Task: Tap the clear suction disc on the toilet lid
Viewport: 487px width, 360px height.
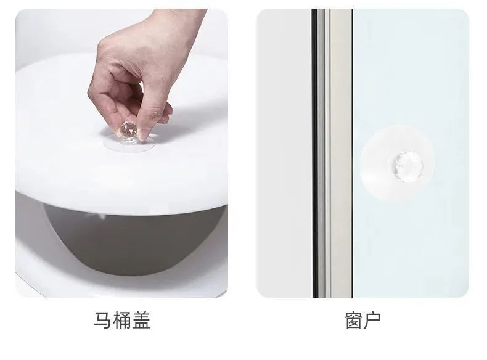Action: coord(129,144)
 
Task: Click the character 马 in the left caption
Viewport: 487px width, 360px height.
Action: coord(102,321)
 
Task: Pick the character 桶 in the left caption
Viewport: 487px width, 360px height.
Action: coord(122,321)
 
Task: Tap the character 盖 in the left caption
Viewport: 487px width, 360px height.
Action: coord(142,321)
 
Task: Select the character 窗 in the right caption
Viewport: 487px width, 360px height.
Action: coord(353,321)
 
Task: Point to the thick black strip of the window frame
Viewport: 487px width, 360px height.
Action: coord(315,153)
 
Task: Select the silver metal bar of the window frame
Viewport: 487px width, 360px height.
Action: coord(340,153)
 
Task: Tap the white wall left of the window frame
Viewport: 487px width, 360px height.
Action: coord(284,153)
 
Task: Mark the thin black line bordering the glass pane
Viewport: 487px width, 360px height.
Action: coord(353,153)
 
